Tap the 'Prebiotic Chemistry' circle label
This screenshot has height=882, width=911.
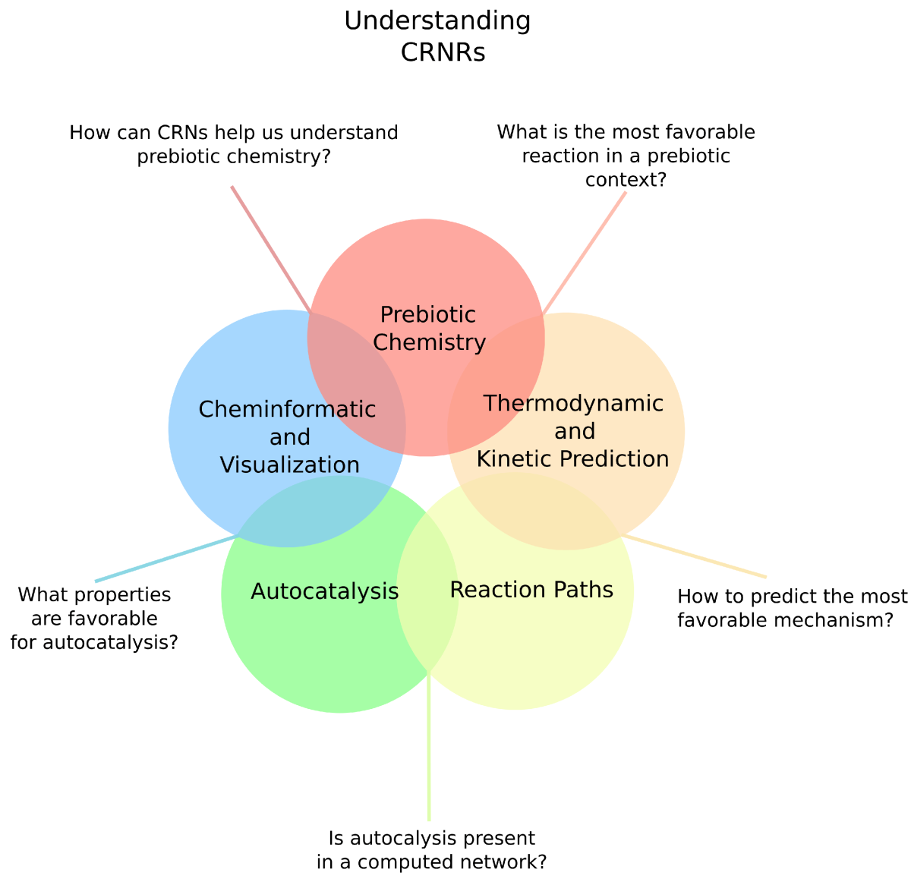pyautogui.click(x=429, y=328)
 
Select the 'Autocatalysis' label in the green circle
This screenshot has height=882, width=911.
pyautogui.click(x=324, y=591)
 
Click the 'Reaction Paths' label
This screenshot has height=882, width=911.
pyautogui.click(x=531, y=589)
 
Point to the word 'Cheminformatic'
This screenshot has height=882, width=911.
pyautogui.click(x=287, y=409)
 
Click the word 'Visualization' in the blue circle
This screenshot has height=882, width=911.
pyautogui.click(x=289, y=465)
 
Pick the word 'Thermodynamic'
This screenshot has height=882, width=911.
pyautogui.click(x=573, y=402)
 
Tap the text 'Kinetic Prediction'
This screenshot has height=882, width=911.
pyautogui.click(x=572, y=458)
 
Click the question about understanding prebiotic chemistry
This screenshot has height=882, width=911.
pyautogui.click(x=234, y=144)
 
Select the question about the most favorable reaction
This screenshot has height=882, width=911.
pyautogui.click(x=626, y=156)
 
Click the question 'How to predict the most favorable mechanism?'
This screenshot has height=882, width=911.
pyautogui.click(x=791, y=607)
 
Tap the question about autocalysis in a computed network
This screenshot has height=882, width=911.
pyautogui.click(x=431, y=850)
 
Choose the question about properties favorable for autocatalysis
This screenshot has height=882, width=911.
pyautogui.click(x=94, y=618)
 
